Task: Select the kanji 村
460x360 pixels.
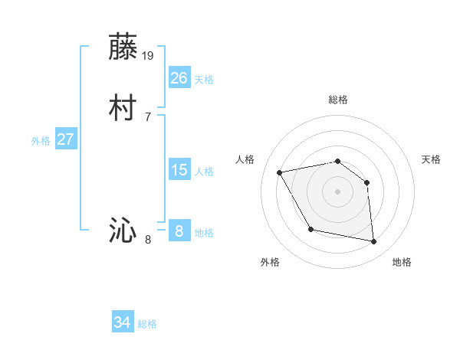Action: tap(123, 110)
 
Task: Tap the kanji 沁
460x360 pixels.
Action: tap(123, 231)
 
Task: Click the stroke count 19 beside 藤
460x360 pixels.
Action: tap(149, 55)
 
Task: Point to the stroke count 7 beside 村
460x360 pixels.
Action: tap(148, 117)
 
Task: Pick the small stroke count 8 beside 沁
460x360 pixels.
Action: tap(148, 240)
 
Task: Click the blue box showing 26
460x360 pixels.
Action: tap(179, 78)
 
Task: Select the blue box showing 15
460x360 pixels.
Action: tap(179, 170)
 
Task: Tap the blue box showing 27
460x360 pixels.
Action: tap(66, 139)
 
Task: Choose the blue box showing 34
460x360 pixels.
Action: tap(123, 322)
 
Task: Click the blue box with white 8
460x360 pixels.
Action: tap(179, 231)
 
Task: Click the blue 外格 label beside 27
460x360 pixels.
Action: tap(41, 141)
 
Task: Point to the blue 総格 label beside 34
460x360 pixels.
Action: tap(147, 324)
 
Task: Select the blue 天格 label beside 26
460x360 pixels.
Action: tap(204, 80)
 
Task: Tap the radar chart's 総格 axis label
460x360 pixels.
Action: tap(337, 100)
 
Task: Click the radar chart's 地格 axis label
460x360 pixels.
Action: tap(402, 262)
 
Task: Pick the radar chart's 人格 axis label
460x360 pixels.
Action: tap(245, 159)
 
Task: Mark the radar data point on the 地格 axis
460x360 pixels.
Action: tap(374, 242)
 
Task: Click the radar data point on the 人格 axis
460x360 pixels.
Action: tap(280, 172)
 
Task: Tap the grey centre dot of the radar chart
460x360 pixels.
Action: tap(337, 191)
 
